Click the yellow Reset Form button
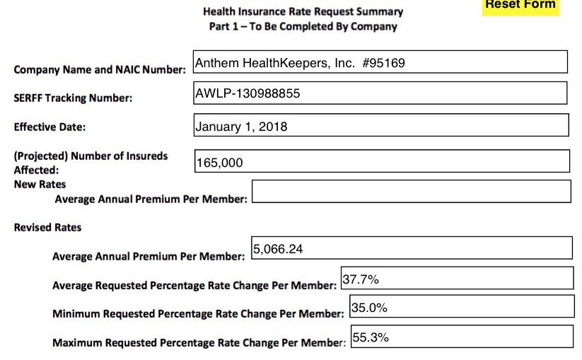pos(520,6)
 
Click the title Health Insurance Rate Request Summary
pos(303,11)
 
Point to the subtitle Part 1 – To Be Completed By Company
pos(303,27)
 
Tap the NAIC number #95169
pos(383,63)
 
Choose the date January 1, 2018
pos(241,127)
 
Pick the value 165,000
pos(219,163)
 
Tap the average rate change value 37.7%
pos(361,279)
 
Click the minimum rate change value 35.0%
pos(369,308)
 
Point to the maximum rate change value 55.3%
pos(371,337)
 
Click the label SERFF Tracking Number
pos(73,98)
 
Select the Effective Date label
pos(50,127)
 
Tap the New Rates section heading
pos(40,185)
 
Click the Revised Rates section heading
pos(47,228)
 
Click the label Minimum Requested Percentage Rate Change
pos(198,313)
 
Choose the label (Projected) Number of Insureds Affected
pos(91,162)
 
